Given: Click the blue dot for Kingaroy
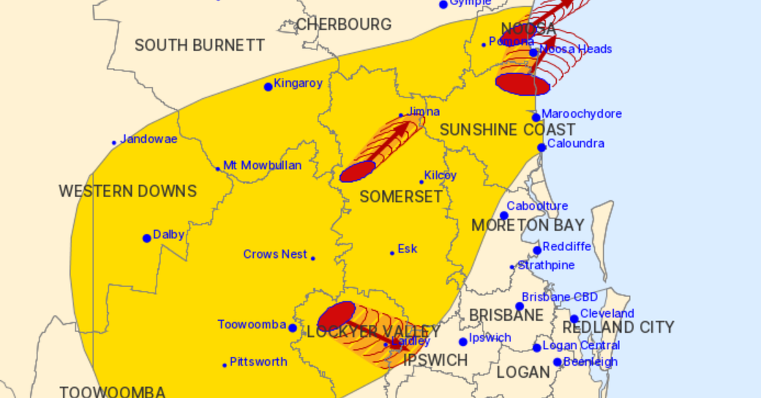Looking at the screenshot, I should click(268, 87).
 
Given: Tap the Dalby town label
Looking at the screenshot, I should click(168, 235).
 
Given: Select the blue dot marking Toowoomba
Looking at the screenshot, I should click(292, 328).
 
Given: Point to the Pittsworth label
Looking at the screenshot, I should click(258, 362).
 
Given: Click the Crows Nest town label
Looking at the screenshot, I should click(275, 254).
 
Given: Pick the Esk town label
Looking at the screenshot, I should click(407, 249).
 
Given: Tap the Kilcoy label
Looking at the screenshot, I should click(440, 176).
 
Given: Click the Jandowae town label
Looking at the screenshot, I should click(148, 139).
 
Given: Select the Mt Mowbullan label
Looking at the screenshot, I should click(263, 165).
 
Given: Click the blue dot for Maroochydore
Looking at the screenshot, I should click(536, 117).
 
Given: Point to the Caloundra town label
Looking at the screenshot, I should click(576, 144).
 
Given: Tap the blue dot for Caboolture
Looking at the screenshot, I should click(504, 215).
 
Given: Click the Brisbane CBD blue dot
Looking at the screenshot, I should click(519, 307).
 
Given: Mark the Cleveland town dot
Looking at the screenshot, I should click(574, 319).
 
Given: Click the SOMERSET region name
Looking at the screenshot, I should click(401, 197).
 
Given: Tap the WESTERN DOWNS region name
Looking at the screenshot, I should click(127, 191).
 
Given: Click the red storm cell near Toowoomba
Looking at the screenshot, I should click(336, 314).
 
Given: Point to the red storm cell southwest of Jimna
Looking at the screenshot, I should click(358, 171).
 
